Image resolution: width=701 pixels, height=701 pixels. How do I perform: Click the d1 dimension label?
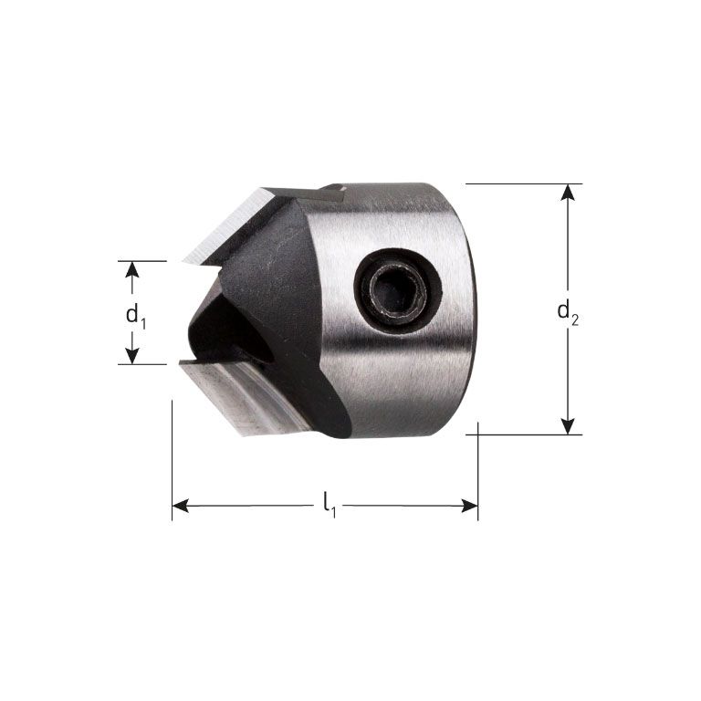click(135, 314)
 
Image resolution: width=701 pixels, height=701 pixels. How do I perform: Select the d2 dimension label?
click(569, 311)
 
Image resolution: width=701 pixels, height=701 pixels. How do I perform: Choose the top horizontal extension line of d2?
click(520, 183)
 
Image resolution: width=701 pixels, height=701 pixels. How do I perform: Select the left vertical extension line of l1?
click(172, 456)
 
